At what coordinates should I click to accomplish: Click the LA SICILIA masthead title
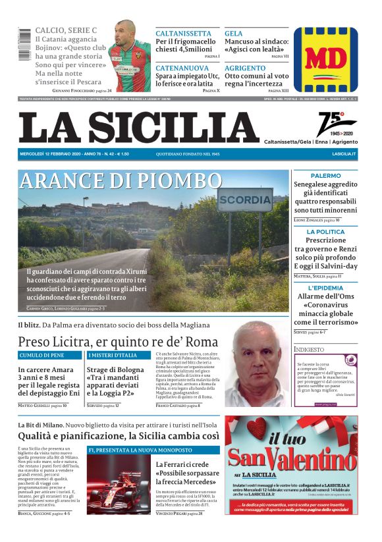coord(138,127)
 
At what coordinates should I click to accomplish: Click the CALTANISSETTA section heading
coord(183,34)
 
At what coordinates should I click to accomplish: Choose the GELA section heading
coord(234,34)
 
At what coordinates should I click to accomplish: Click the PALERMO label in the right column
coord(325,176)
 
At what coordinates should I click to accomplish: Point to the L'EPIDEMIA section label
coord(325,288)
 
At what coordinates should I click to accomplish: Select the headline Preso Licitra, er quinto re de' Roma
coord(118,341)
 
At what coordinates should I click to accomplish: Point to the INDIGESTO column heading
coord(309,349)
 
